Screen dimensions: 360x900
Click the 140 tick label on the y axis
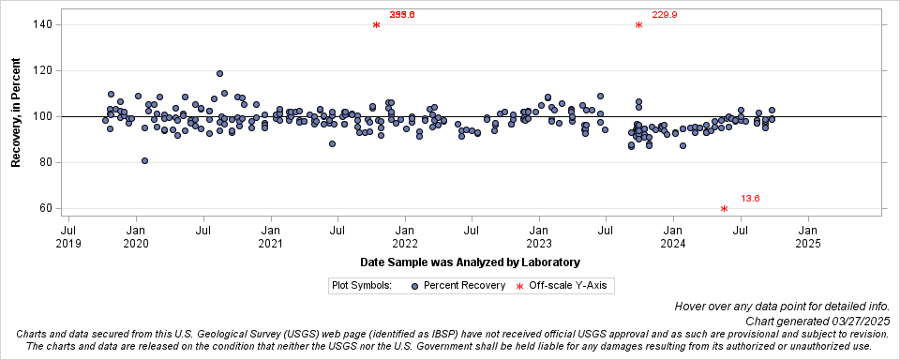[x=41, y=24]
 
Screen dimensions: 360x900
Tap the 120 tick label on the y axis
[x=41, y=70]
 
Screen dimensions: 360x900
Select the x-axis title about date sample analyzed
[x=470, y=262]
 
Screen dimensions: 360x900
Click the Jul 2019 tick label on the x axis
[x=68, y=236]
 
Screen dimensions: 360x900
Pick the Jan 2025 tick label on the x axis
[x=808, y=236]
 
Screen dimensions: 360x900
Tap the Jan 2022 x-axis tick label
[x=405, y=236]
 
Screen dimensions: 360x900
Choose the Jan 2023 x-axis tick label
[x=539, y=236]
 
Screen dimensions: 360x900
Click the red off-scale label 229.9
[x=665, y=15]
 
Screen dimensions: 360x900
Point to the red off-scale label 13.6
[x=751, y=199]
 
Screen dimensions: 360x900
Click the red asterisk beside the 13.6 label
[x=725, y=209]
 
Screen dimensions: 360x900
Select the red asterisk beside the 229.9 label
[x=638, y=25]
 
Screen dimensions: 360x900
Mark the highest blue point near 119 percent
[x=219, y=73]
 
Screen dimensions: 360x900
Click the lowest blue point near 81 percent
[x=144, y=160]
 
